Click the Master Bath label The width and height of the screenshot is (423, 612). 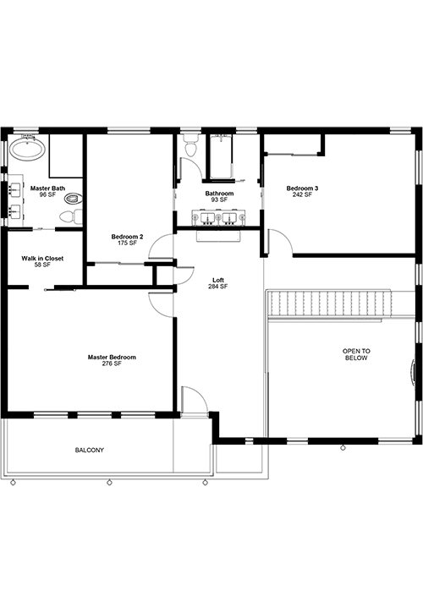(x=47, y=189)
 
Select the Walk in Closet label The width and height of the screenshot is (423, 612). (x=42, y=259)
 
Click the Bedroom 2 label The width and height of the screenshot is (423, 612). (x=127, y=237)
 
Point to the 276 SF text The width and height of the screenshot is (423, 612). (x=112, y=363)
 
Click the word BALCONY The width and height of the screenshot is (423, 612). (x=90, y=450)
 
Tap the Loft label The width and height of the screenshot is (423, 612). (x=218, y=281)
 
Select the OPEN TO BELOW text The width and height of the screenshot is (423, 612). (x=356, y=354)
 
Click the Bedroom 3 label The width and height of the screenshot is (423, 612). (x=302, y=189)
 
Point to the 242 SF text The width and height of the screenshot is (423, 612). (x=302, y=194)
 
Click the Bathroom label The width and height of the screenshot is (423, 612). (x=219, y=194)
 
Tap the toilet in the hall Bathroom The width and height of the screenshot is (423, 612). (x=191, y=145)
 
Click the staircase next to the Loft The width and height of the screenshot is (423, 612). (x=329, y=305)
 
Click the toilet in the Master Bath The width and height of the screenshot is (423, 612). (x=71, y=216)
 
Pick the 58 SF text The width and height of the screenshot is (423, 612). (x=42, y=265)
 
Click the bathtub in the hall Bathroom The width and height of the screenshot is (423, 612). (x=221, y=156)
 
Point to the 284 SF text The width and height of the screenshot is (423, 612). (x=218, y=287)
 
